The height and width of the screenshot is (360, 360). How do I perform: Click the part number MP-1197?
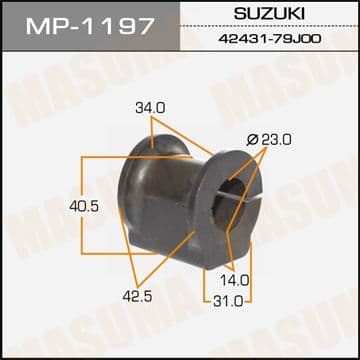pos(90,26)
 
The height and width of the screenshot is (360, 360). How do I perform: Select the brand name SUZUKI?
pos(269,14)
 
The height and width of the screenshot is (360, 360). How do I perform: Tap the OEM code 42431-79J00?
pos(270,39)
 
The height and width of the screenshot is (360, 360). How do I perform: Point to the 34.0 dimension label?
pos(150,108)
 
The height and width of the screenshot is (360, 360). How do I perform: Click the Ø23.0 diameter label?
pos(269,140)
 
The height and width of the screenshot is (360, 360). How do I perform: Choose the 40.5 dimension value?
pos(84,207)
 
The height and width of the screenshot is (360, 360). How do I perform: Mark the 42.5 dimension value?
pos(137,296)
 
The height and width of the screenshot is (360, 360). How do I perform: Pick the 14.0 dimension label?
pos(235,281)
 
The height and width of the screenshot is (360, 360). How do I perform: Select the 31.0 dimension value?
pos(228,302)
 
